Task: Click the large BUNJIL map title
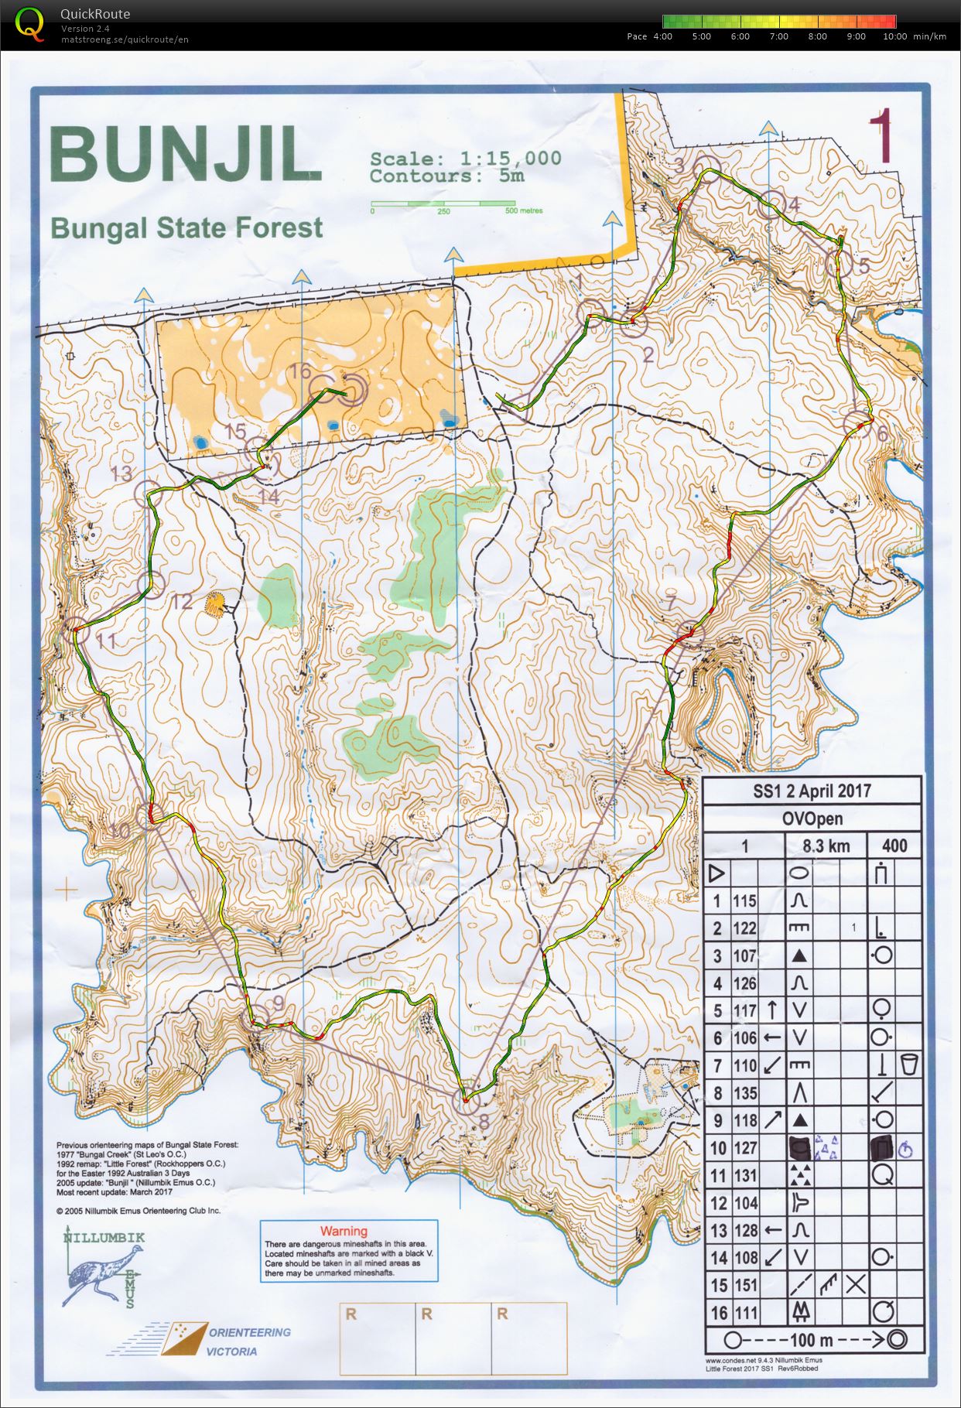pyautogui.click(x=185, y=155)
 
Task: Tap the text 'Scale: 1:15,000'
pyautogui.click(x=465, y=159)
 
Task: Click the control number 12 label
pyautogui.click(x=182, y=601)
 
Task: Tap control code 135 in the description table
pyautogui.click(x=745, y=1093)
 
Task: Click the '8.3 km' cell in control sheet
pyautogui.click(x=826, y=846)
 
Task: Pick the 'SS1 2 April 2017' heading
pyautogui.click(x=812, y=791)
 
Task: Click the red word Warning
pyautogui.click(x=344, y=1231)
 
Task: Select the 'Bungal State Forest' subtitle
pyautogui.click(x=186, y=228)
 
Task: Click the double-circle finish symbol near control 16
pyautogui.click(x=352, y=391)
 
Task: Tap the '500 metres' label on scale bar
pyautogui.click(x=524, y=210)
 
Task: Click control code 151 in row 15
pyautogui.click(x=745, y=1285)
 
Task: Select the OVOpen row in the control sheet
pyautogui.click(x=812, y=818)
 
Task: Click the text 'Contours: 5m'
pyautogui.click(x=446, y=176)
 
